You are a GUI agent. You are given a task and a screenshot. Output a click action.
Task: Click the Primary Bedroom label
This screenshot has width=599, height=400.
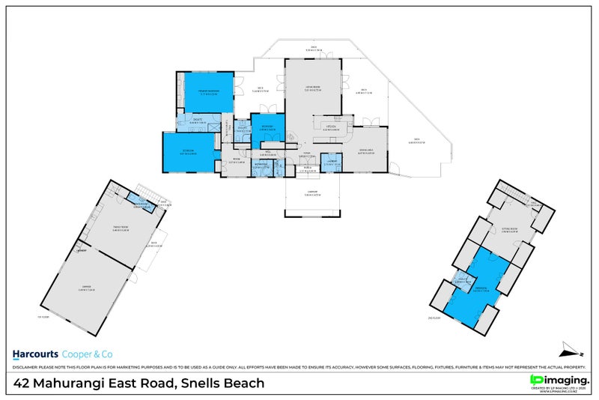tap(207, 91)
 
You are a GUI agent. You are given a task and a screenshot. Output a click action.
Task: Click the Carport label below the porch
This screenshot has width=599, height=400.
tap(311, 196)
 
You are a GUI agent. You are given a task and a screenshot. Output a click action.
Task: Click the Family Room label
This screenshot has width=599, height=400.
tap(120, 228)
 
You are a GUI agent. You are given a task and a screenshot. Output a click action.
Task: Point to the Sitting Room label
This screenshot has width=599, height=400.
tap(511, 230)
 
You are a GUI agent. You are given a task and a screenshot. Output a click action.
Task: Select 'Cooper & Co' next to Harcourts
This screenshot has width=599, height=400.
tap(85, 354)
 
